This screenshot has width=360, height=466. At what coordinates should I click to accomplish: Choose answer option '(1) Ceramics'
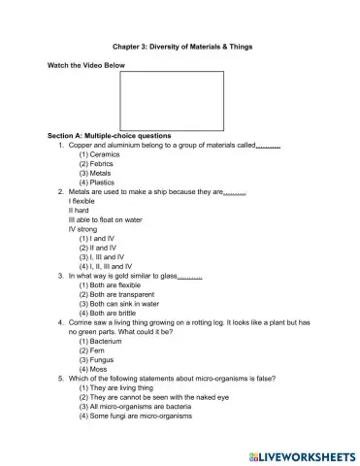(101, 153)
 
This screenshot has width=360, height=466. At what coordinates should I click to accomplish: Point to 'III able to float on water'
(104, 219)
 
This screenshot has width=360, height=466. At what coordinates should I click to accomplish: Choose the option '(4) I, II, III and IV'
(111, 265)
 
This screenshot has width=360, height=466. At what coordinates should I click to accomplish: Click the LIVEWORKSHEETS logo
(303, 453)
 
